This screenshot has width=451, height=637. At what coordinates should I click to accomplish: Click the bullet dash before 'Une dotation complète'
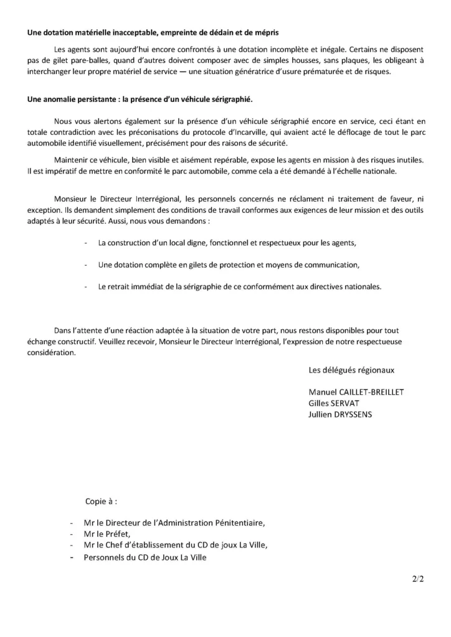click(85, 264)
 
